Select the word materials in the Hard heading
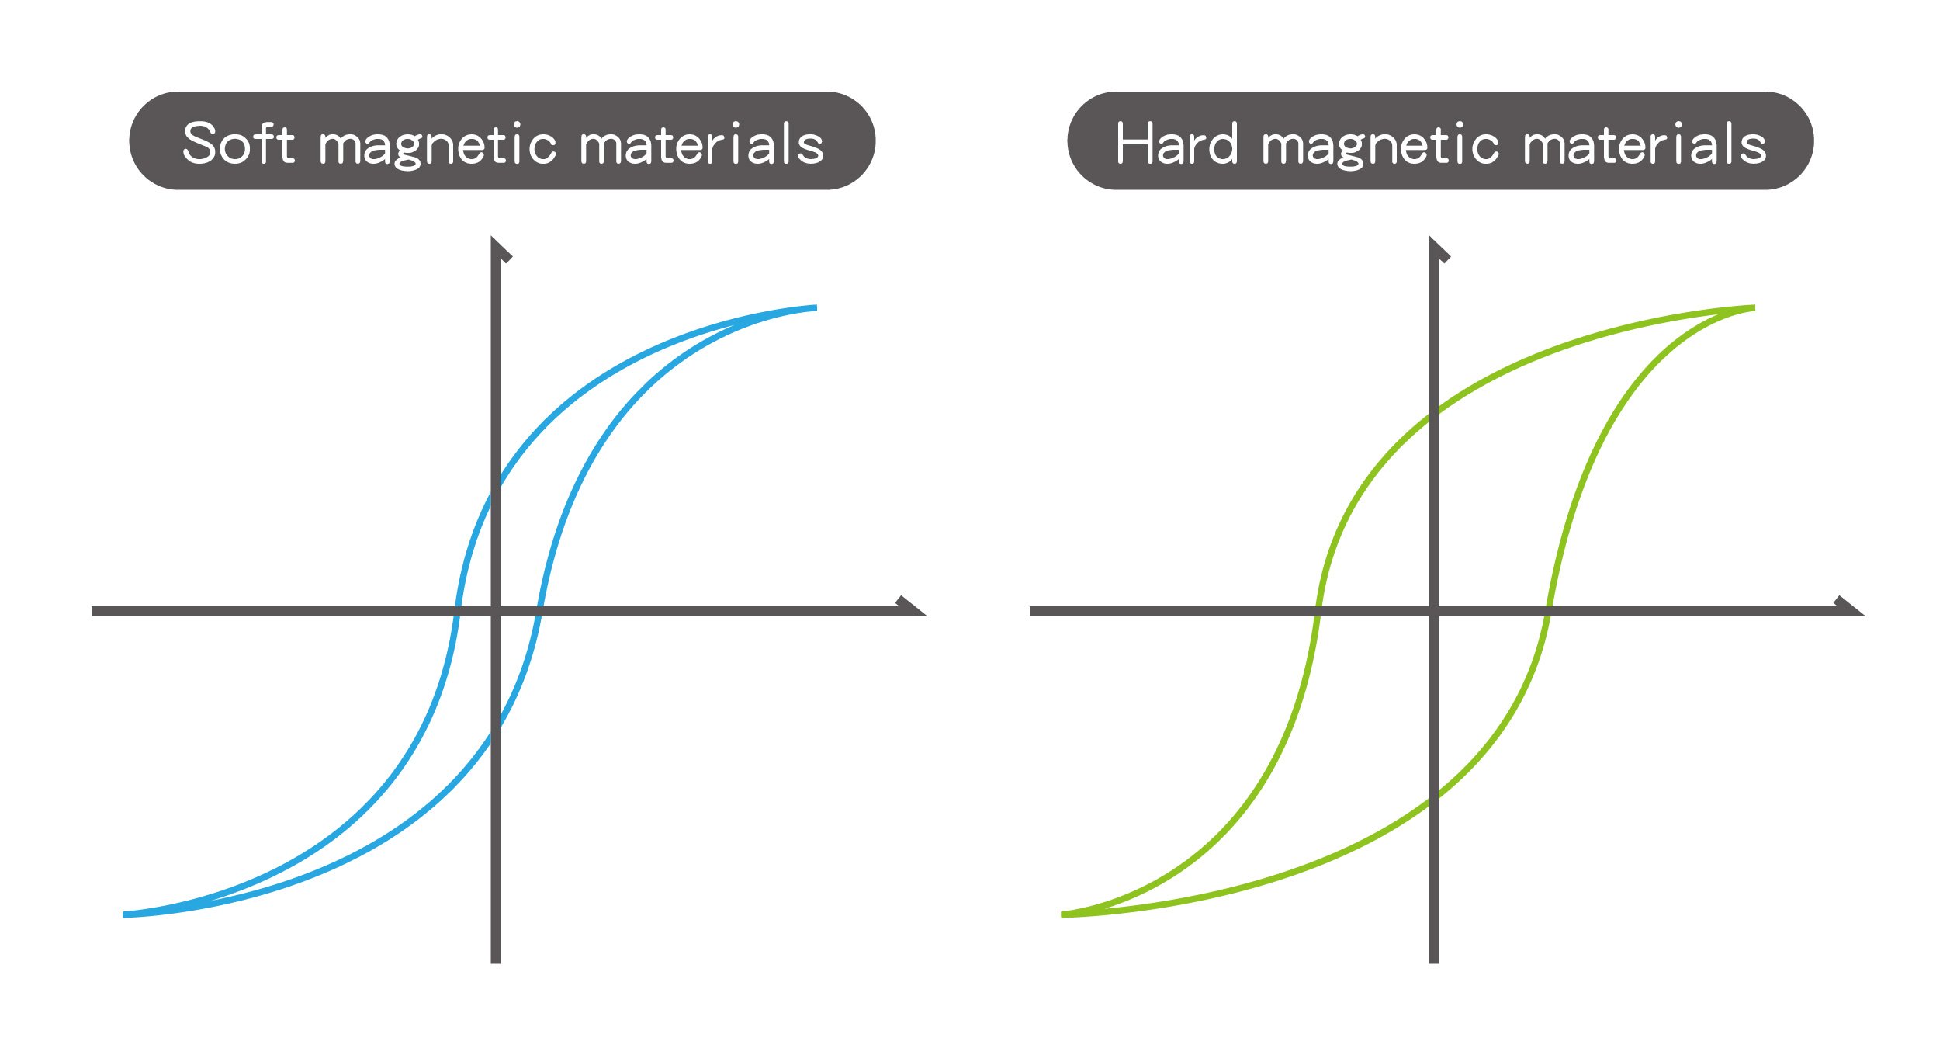(x=1645, y=144)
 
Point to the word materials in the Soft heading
(x=701, y=144)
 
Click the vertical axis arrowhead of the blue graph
(x=501, y=249)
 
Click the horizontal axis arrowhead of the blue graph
(x=911, y=606)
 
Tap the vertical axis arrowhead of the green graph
(x=1439, y=249)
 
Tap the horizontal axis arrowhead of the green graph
(x=1849, y=606)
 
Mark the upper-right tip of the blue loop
(x=816, y=308)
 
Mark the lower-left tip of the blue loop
(x=124, y=914)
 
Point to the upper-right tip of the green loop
(x=1754, y=308)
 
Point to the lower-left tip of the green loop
(x=1062, y=914)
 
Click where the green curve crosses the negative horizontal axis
(x=1318, y=611)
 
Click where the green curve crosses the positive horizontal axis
(x=1548, y=611)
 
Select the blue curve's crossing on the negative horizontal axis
(x=457, y=611)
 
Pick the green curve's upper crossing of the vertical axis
(x=1433, y=414)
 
